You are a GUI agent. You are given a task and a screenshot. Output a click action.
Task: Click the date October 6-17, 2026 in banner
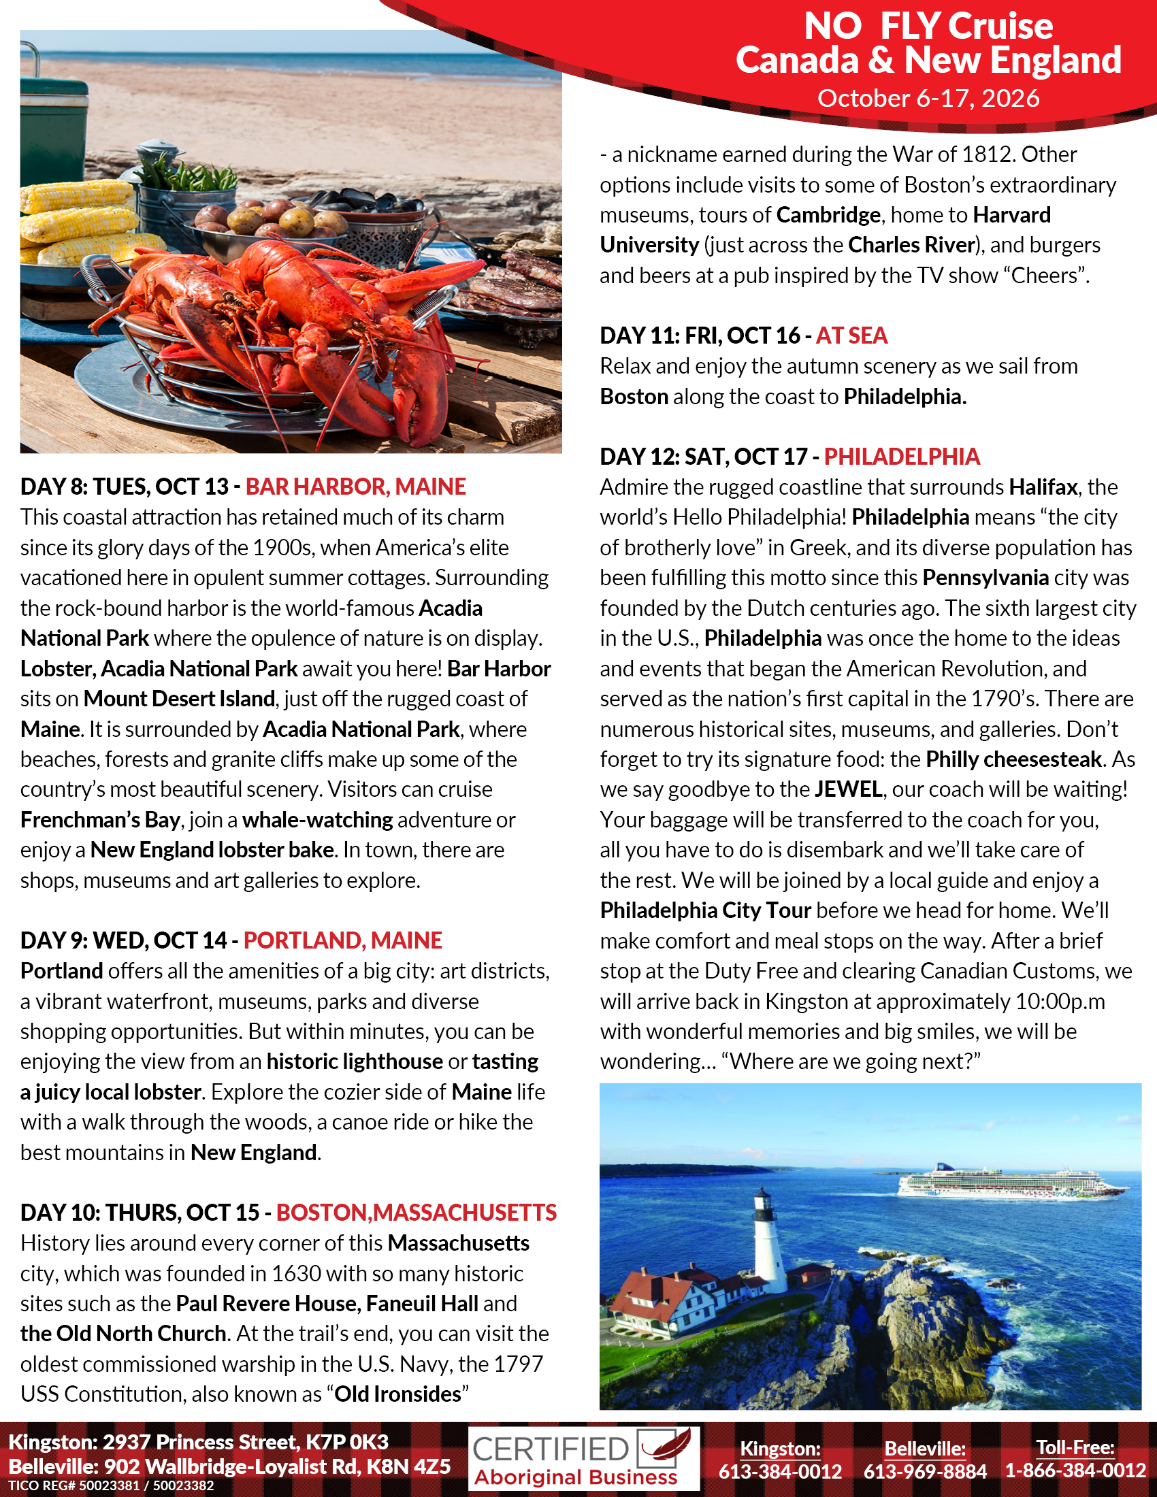click(928, 99)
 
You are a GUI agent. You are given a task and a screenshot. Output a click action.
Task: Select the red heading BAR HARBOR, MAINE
click(355, 487)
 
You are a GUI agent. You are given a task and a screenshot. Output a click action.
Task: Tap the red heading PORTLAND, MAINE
click(343, 940)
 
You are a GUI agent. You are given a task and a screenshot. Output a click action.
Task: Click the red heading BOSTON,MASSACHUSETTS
click(416, 1213)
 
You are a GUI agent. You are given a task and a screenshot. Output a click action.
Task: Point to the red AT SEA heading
click(851, 336)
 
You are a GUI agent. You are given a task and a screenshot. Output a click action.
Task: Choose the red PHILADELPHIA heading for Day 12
click(901, 457)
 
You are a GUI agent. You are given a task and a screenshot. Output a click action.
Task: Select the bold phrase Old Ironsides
click(397, 1394)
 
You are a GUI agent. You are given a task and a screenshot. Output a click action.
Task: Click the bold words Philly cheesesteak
click(1013, 759)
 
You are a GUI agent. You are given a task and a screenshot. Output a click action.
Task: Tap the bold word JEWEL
click(848, 789)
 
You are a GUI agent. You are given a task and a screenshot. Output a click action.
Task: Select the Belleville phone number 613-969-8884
click(925, 1471)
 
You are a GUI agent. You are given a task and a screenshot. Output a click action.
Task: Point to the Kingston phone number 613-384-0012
click(780, 1471)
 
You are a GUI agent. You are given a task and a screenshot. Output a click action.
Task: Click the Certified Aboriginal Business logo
click(583, 1459)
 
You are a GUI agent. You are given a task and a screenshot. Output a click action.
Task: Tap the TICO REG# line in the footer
click(111, 1486)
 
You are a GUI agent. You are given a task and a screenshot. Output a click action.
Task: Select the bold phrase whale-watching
click(317, 820)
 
